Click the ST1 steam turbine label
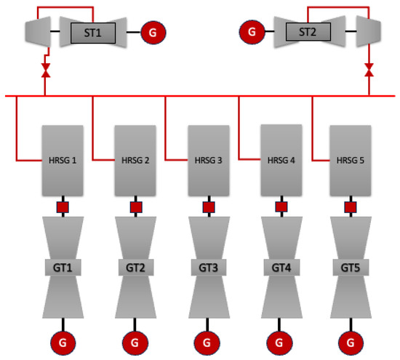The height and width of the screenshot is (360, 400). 92,32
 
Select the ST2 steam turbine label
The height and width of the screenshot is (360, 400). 308,32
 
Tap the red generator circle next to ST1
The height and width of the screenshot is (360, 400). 153,32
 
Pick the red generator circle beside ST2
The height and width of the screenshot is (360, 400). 250,32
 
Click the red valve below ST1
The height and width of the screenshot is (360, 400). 45,71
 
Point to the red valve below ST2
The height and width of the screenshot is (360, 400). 369,71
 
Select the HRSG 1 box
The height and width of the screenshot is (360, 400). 63,161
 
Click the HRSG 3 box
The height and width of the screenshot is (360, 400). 209,161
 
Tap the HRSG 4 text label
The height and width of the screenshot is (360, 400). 281,160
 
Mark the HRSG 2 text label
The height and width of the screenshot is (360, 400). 136,160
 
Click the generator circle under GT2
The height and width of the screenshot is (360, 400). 136,341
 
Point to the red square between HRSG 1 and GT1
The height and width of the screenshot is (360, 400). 63,208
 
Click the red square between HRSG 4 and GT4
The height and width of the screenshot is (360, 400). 281,208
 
